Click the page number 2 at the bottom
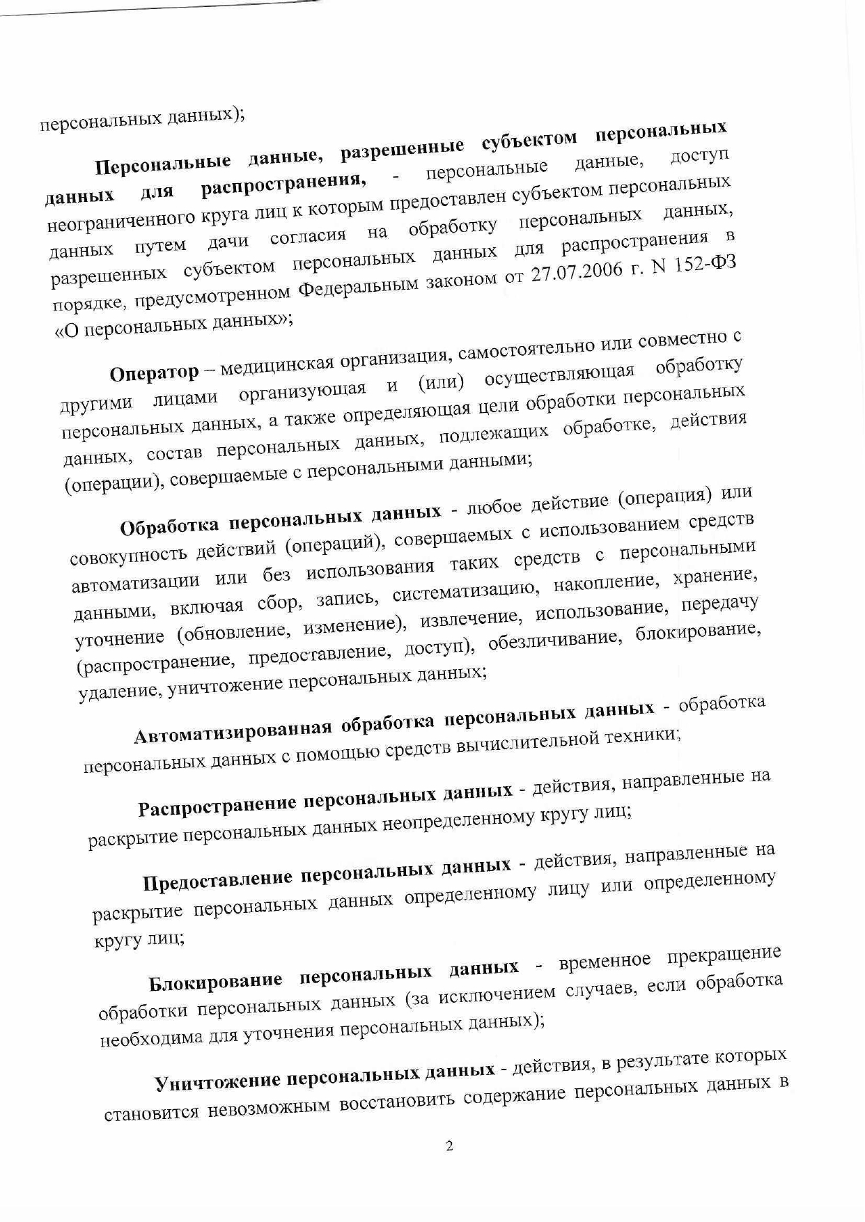(x=449, y=1146)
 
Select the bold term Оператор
(x=154, y=373)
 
